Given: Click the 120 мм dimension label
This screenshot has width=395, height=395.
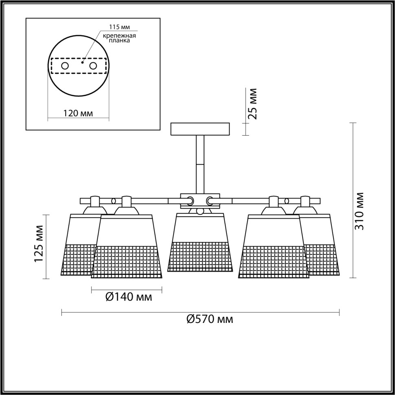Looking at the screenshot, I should pyautogui.click(x=78, y=113).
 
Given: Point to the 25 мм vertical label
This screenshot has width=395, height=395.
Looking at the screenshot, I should pyautogui.click(x=252, y=104).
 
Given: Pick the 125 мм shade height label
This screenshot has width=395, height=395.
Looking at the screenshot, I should pyautogui.click(x=39, y=243).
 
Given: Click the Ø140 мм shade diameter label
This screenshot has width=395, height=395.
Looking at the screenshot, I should pyautogui.click(x=128, y=297).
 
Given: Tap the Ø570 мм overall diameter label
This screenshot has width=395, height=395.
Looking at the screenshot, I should pyautogui.click(x=210, y=319).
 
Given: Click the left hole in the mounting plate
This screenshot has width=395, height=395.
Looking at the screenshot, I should pyautogui.click(x=65, y=66).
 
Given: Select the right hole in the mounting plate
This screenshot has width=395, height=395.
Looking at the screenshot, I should pyautogui.click(x=93, y=66).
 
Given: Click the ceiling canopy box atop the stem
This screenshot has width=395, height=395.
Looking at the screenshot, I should pyautogui.click(x=200, y=129).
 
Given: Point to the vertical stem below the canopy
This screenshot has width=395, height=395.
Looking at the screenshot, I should pyautogui.click(x=200, y=163).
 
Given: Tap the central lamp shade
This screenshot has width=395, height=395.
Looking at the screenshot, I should pyautogui.click(x=199, y=244).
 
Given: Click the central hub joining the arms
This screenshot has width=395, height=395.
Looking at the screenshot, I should pyautogui.click(x=200, y=200).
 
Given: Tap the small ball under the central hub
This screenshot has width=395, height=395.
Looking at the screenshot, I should pyautogui.click(x=200, y=211).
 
